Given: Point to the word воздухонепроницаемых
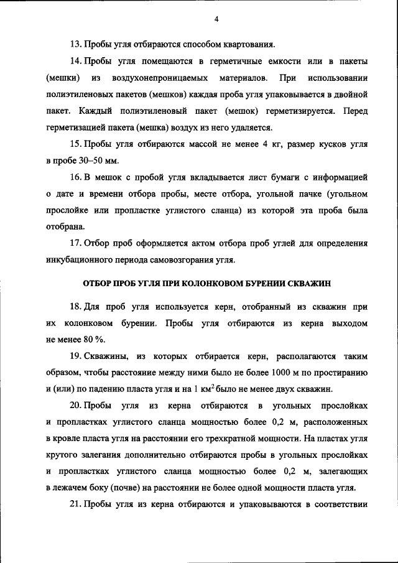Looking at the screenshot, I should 157,79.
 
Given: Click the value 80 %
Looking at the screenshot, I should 94,340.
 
